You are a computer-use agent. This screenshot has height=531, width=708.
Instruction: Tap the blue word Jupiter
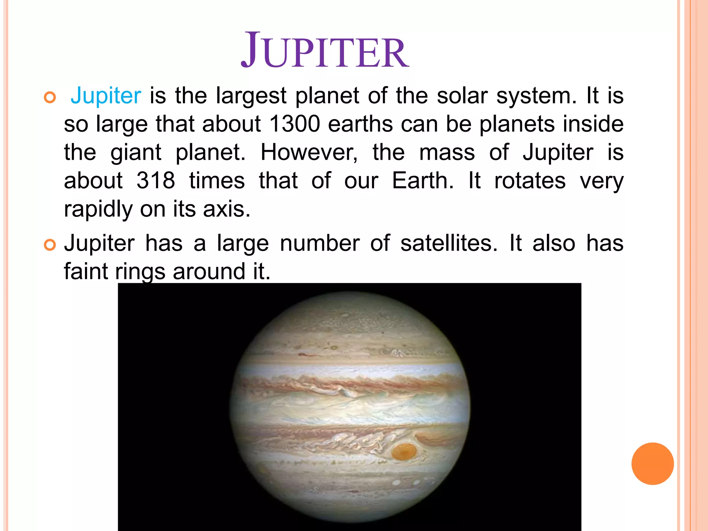click(x=106, y=95)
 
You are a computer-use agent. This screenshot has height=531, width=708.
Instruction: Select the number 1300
click(x=295, y=124)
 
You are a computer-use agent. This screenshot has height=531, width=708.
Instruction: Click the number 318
click(x=156, y=180)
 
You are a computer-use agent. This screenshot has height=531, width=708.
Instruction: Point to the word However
click(x=309, y=152)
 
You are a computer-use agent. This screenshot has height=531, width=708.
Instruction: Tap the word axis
click(x=226, y=209)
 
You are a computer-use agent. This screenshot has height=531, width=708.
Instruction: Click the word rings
click(x=140, y=272)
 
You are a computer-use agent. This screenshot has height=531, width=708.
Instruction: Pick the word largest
click(x=251, y=96)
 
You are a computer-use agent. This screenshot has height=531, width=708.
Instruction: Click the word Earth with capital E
click(x=422, y=180)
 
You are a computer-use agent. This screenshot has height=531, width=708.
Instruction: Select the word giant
click(x=136, y=153)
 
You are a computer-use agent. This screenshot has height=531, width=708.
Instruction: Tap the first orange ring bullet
click(x=50, y=98)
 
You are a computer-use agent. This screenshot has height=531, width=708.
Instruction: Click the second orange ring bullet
click(x=50, y=245)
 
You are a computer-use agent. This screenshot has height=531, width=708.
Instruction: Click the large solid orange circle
click(x=652, y=464)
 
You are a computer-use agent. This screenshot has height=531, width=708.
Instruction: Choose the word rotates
click(x=530, y=180)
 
